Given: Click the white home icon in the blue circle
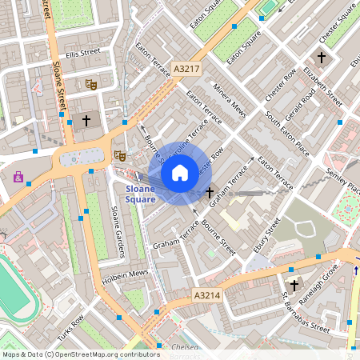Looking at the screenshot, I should tap(180, 172).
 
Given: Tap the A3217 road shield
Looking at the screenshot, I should tap(186, 70).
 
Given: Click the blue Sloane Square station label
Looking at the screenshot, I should tap(141, 194).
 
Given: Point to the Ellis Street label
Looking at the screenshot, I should tap(83, 53).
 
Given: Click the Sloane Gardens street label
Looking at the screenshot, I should tap(118, 232).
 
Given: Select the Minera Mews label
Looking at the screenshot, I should tap(230, 101).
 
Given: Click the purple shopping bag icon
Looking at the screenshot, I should tap(18, 177).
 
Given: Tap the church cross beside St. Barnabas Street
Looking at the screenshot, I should tap(294, 285).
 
